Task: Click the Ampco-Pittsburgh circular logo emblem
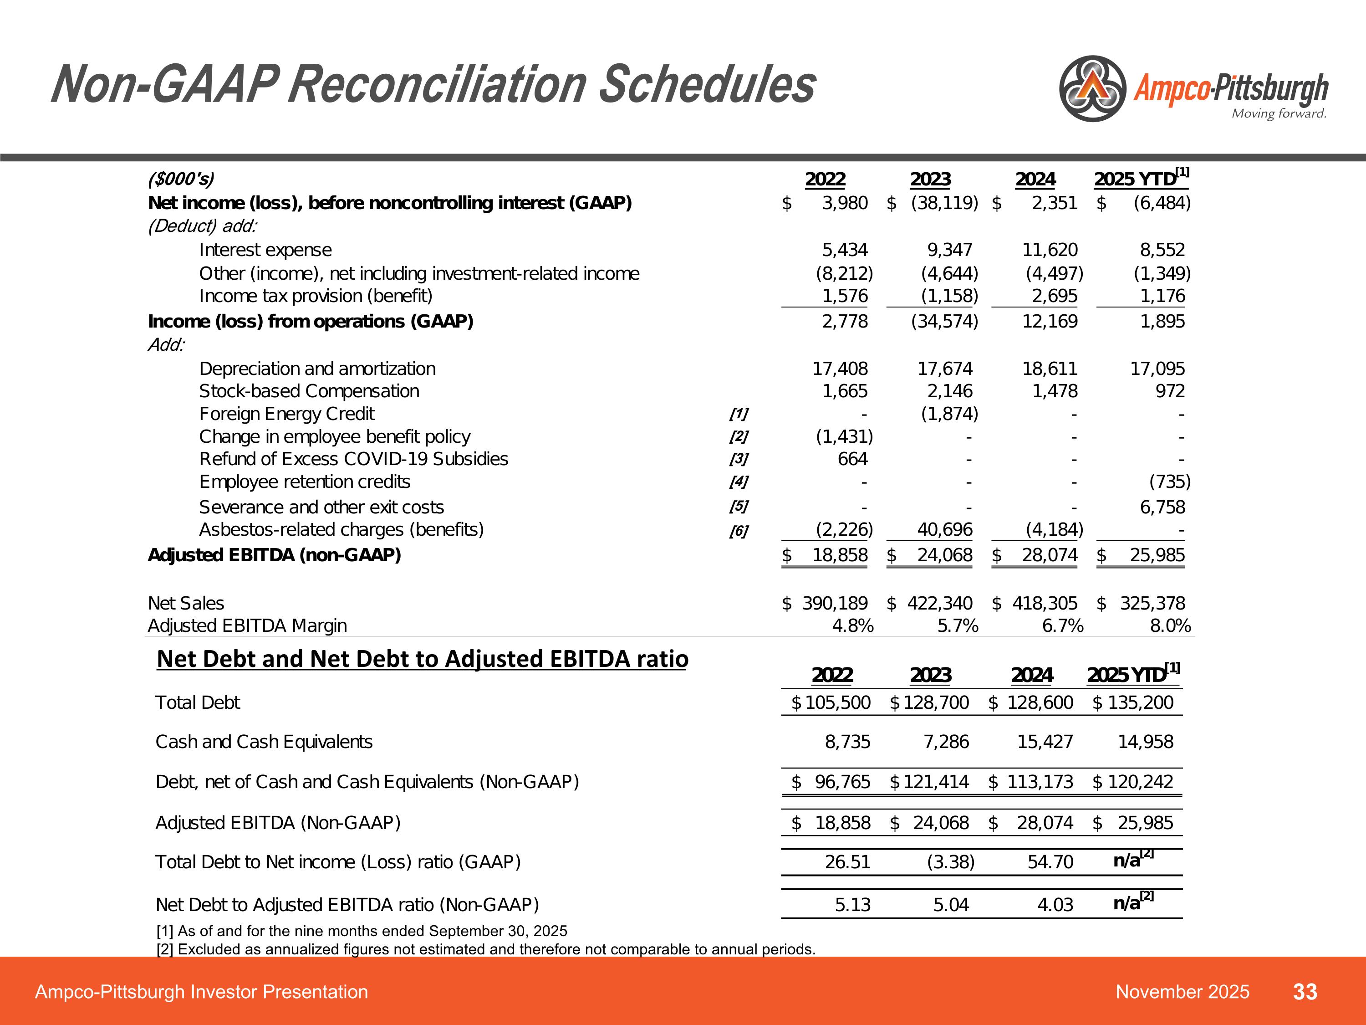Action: point(1092,88)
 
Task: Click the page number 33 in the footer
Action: point(1305,992)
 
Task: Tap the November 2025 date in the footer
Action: point(1182,992)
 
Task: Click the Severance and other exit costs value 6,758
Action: point(1162,507)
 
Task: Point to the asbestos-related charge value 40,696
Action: point(944,529)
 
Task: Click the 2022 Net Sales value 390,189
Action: point(834,603)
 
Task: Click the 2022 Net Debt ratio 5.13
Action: point(852,905)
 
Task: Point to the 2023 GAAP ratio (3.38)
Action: point(950,862)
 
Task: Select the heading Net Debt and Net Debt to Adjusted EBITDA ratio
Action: point(423,659)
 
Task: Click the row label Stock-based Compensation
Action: point(309,391)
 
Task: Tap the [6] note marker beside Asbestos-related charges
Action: point(739,531)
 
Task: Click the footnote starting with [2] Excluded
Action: point(485,949)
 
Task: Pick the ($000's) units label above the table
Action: point(181,179)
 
